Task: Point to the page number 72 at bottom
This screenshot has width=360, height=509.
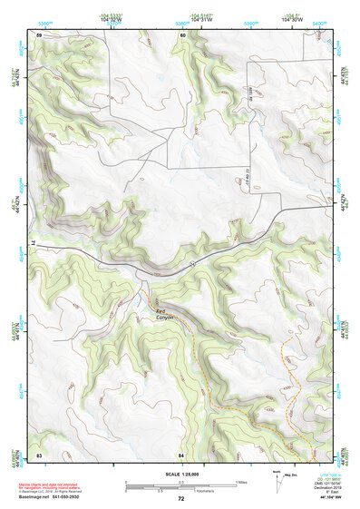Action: (x=180, y=499)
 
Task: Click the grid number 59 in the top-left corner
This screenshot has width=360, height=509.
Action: (x=39, y=34)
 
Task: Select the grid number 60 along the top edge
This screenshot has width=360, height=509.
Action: (x=182, y=34)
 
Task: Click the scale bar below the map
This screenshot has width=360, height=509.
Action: (x=180, y=486)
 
